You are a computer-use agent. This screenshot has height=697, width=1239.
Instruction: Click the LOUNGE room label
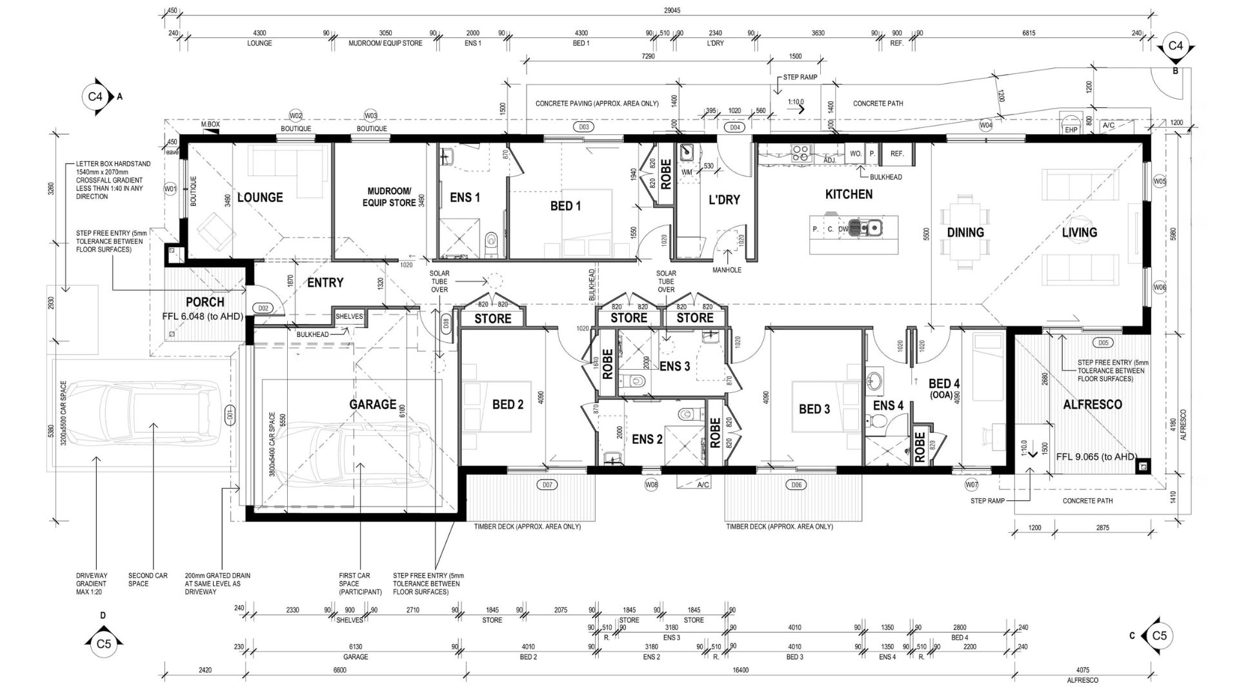coord(260,197)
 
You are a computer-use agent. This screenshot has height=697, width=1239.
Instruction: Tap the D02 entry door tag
coord(263,308)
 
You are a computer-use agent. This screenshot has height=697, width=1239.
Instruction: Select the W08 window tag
coord(651,485)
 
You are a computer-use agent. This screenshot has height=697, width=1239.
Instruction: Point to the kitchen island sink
coord(865,227)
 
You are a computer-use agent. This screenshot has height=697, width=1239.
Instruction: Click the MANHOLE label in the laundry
coord(727,270)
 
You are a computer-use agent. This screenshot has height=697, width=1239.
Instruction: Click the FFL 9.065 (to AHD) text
coord(1095,456)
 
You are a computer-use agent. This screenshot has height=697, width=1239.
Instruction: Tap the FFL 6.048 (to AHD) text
coord(202,316)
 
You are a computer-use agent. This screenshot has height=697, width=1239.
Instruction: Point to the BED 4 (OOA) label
coord(944,388)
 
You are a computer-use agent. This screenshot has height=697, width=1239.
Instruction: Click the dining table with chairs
coord(965,232)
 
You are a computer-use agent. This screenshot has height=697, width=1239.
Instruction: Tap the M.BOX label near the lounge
coord(210,124)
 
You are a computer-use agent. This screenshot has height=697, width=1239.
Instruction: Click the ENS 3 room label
coord(674,367)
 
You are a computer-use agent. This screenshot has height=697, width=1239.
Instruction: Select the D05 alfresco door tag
coord(1102,343)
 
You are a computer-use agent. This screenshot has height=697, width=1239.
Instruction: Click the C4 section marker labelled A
coord(96,97)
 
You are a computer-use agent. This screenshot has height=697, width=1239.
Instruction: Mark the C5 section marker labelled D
coord(103,643)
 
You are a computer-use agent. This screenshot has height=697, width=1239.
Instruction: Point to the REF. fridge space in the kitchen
coord(896,154)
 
